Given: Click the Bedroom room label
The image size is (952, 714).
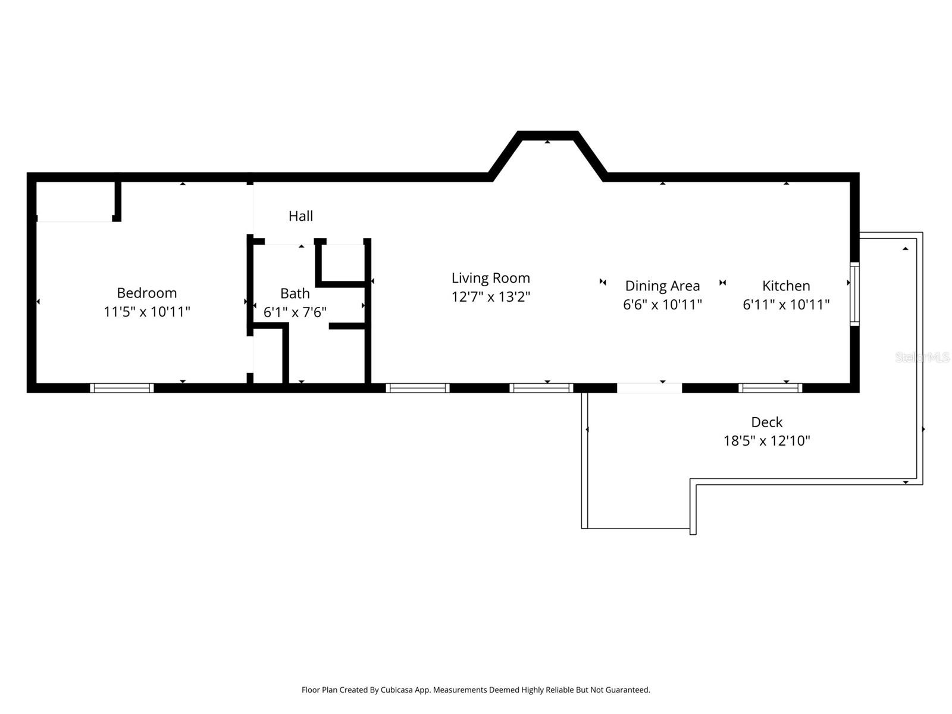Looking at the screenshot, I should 146,293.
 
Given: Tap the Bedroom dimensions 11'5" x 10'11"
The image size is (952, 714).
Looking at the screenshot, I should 146,312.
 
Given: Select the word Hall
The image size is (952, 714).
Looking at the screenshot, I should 300,216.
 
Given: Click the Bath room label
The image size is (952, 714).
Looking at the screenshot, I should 295,293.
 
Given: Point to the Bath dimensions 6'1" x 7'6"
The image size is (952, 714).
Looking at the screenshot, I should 295,312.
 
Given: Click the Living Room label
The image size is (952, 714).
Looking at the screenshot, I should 490,278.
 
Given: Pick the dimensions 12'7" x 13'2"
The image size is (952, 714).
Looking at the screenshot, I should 490,297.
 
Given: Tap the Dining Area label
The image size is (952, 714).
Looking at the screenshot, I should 662,286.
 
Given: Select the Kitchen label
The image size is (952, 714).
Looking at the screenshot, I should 785,286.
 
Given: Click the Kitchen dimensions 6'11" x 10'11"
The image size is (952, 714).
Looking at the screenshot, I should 785,305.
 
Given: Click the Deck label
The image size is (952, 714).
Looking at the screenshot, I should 766,422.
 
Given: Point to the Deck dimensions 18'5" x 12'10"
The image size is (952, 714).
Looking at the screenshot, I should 766,441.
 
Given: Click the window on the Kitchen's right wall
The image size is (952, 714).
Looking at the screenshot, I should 854,294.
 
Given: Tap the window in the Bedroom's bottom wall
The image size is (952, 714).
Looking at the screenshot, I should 122,388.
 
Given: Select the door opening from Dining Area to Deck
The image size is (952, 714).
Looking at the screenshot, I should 649,388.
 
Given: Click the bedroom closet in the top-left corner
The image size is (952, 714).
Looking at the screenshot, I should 74,201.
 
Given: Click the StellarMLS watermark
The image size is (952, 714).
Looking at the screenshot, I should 922,358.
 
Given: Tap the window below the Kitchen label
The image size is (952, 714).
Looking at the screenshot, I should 770,388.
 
